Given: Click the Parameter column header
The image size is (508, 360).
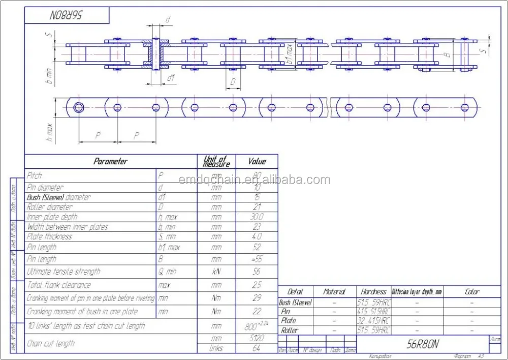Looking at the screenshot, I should (x=110, y=161).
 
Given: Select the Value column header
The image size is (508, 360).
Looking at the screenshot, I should (x=257, y=161).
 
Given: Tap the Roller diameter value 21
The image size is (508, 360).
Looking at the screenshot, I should (x=257, y=207).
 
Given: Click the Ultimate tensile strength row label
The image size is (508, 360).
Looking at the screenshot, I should (x=63, y=272).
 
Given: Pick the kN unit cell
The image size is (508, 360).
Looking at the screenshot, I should (x=216, y=272).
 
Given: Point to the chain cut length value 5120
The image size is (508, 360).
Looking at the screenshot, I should (x=257, y=338).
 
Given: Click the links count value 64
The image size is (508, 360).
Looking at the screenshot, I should (x=257, y=348).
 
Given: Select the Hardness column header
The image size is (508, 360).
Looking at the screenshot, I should (x=373, y=292).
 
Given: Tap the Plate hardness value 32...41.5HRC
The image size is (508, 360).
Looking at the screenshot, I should (x=373, y=321).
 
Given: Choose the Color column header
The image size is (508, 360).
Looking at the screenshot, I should (x=472, y=292).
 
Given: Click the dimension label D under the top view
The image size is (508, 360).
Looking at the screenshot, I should (x=233, y=81).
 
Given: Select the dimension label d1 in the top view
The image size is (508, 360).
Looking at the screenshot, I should (x=171, y=78).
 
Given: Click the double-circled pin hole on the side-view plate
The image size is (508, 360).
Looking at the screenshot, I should (x=79, y=107).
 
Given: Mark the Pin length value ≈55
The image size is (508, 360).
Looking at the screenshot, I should (x=257, y=259).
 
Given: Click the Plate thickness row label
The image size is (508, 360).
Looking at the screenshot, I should (x=49, y=236).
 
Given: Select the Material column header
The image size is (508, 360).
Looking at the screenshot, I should (x=334, y=292).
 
